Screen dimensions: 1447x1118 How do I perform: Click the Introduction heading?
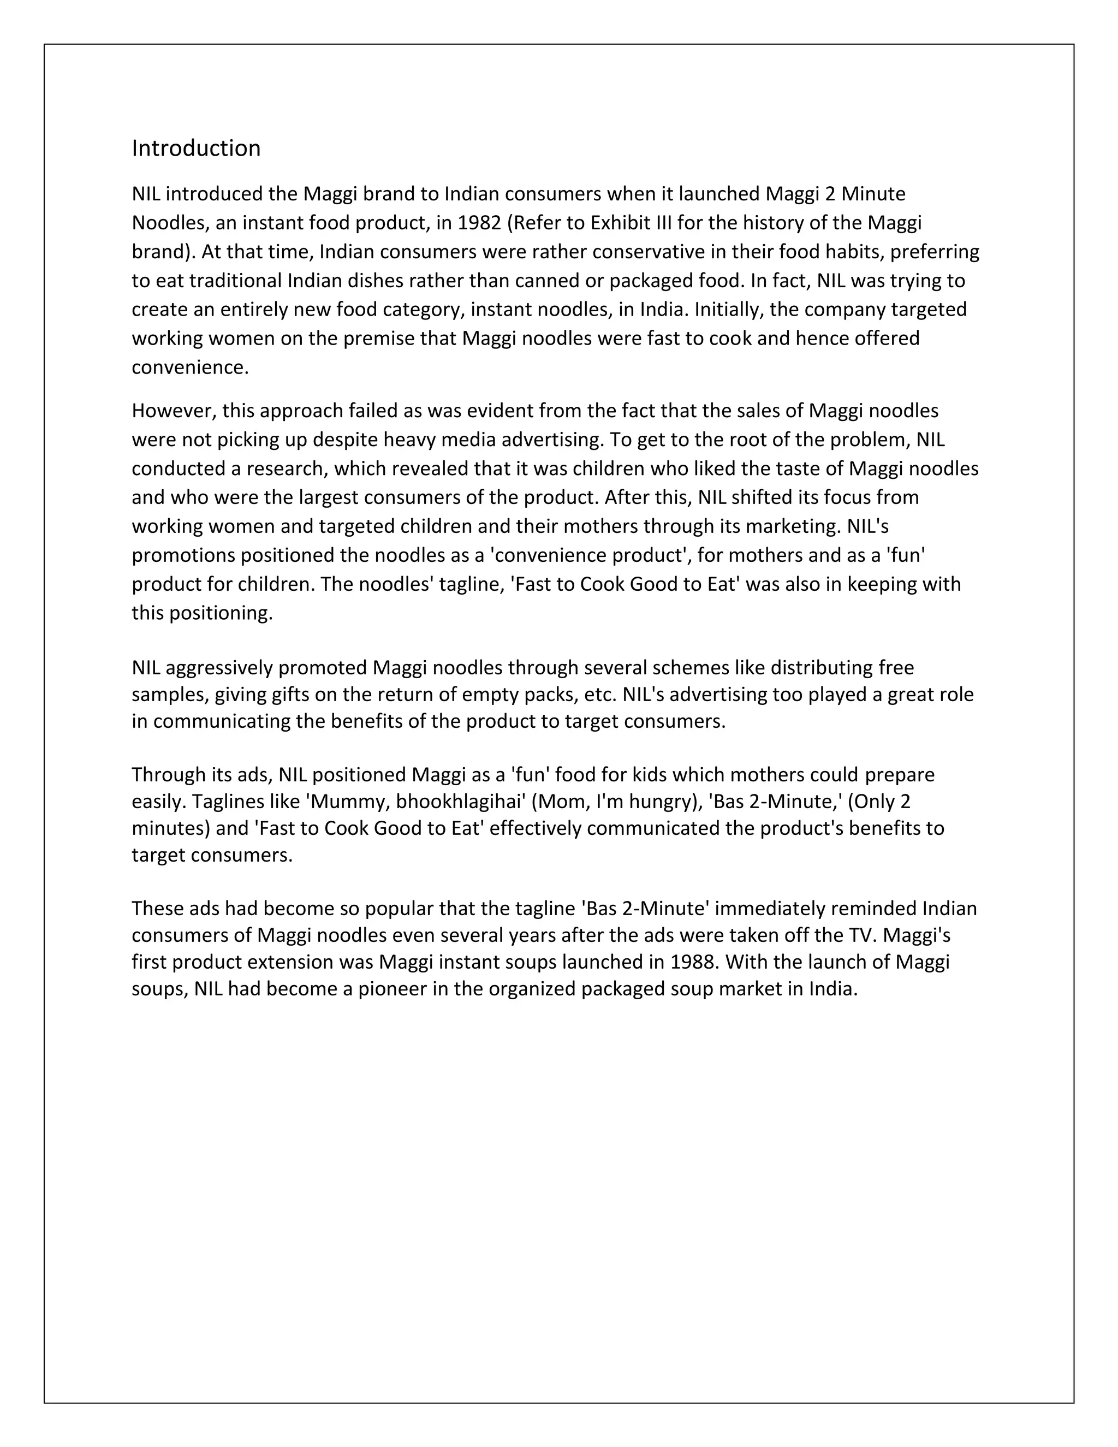click(196, 149)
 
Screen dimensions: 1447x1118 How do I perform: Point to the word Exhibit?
click(621, 223)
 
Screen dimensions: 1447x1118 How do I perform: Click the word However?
click(174, 411)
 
